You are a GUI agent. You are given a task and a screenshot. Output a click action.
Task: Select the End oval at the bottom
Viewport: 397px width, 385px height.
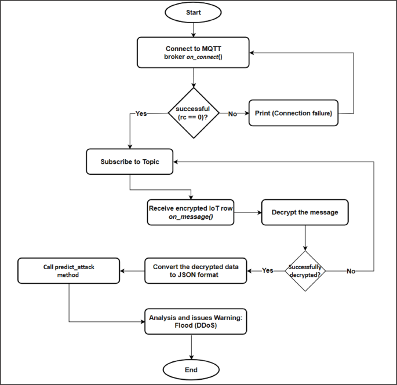click(x=191, y=369)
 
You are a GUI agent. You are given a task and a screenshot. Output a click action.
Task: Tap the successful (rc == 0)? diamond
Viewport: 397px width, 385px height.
click(x=193, y=113)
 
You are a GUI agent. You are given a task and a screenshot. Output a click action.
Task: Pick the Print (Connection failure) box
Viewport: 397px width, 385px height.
click(x=293, y=113)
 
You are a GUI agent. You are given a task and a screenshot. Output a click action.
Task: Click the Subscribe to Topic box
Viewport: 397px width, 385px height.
click(x=130, y=162)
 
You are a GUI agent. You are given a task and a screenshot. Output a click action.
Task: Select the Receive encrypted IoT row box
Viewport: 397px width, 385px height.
click(x=191, y=212)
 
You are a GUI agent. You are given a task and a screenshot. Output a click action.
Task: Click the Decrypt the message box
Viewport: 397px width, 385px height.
click(x=305, y=212)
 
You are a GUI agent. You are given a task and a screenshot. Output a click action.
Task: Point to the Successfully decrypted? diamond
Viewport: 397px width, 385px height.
click(x=305, y=270)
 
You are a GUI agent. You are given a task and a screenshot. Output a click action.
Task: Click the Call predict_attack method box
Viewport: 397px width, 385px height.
click(x=69, y=271)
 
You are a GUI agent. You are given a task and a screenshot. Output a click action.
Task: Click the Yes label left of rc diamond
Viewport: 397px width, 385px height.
click(x=141, y=113)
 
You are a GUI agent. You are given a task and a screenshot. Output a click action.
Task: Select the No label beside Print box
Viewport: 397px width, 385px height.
click(x=232, y=113)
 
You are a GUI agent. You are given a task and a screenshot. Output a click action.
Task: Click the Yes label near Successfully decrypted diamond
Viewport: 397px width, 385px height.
click(x=267, y=270)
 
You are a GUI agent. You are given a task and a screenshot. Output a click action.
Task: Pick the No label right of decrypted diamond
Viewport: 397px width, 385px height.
click(x=351, y=270)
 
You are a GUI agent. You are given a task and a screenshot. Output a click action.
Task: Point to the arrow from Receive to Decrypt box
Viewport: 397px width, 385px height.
click(x=248, y=212)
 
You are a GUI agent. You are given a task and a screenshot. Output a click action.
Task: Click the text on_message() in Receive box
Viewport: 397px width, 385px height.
click(x=191, y=217)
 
